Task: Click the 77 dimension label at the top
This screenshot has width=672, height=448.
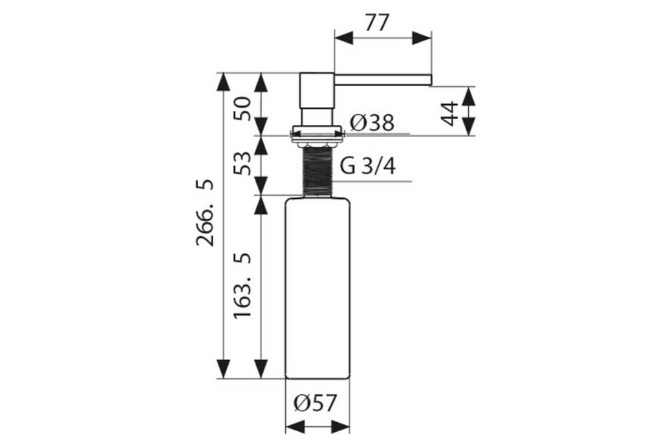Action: click(377, 22)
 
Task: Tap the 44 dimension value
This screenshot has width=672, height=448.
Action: click(449, 114)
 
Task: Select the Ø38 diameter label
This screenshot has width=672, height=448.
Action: click(372, 123)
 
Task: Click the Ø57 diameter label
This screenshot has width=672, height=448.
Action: click(315, 403)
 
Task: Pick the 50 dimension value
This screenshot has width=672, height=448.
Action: click(242, 108)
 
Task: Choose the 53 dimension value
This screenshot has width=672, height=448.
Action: click(242, 164)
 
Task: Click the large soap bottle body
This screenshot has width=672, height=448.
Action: click(318, 288)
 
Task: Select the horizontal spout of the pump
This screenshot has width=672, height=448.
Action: click(383, 80)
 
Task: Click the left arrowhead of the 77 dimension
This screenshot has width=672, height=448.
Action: click(344, 38)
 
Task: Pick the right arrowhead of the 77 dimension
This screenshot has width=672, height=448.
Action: click(422, 38)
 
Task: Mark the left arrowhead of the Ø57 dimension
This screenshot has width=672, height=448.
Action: click(295, 427)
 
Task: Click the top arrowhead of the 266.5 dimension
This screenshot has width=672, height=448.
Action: click(223, 82)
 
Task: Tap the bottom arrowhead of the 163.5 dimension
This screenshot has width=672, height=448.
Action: click(261, 369)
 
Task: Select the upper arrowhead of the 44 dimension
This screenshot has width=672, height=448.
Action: click(468, 96)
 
